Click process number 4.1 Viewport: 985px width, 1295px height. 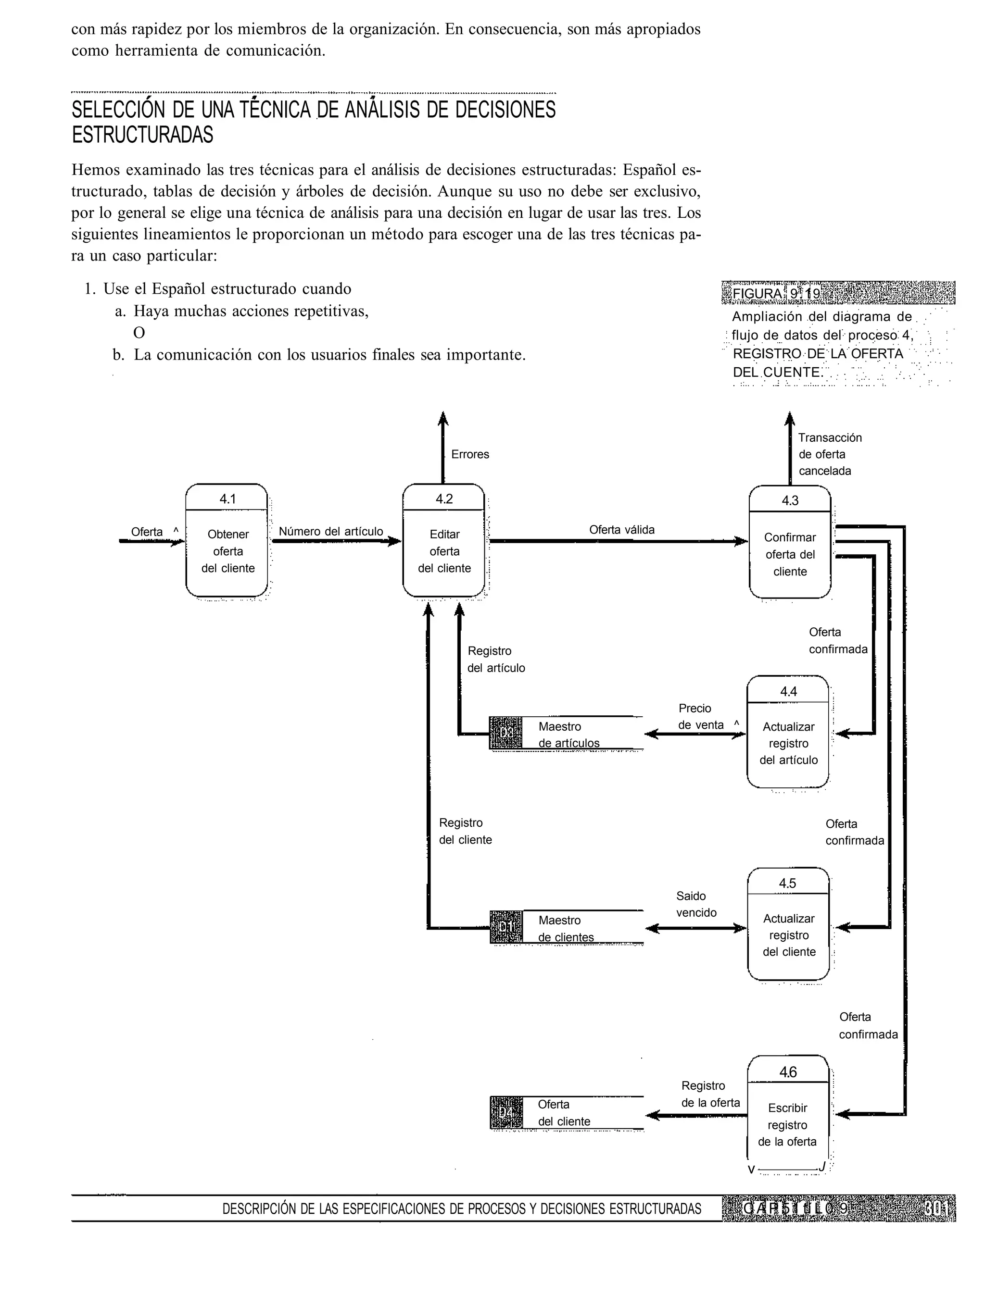pos(227,498)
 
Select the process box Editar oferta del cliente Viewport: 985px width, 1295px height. pos(444,551)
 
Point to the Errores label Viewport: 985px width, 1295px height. pos(469,454)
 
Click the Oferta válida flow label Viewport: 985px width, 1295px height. pos(621,530)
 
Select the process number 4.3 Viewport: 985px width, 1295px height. pos(790,500)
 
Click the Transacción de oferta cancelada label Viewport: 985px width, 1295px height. pos(829,454)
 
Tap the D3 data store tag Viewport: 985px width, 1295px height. pos(505,733)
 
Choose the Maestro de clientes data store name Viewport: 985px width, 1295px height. pos(565,928)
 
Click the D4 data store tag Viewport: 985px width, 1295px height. pos(505,1112)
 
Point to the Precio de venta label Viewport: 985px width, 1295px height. pos(700,717)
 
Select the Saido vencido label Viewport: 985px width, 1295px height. pos(696,904)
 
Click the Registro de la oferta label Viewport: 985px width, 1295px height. pos(709,1094)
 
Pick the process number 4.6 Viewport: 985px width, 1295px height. pos(788,1072)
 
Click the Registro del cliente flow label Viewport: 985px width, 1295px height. pos(465,832)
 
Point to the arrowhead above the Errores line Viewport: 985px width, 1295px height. pos(443,418)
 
